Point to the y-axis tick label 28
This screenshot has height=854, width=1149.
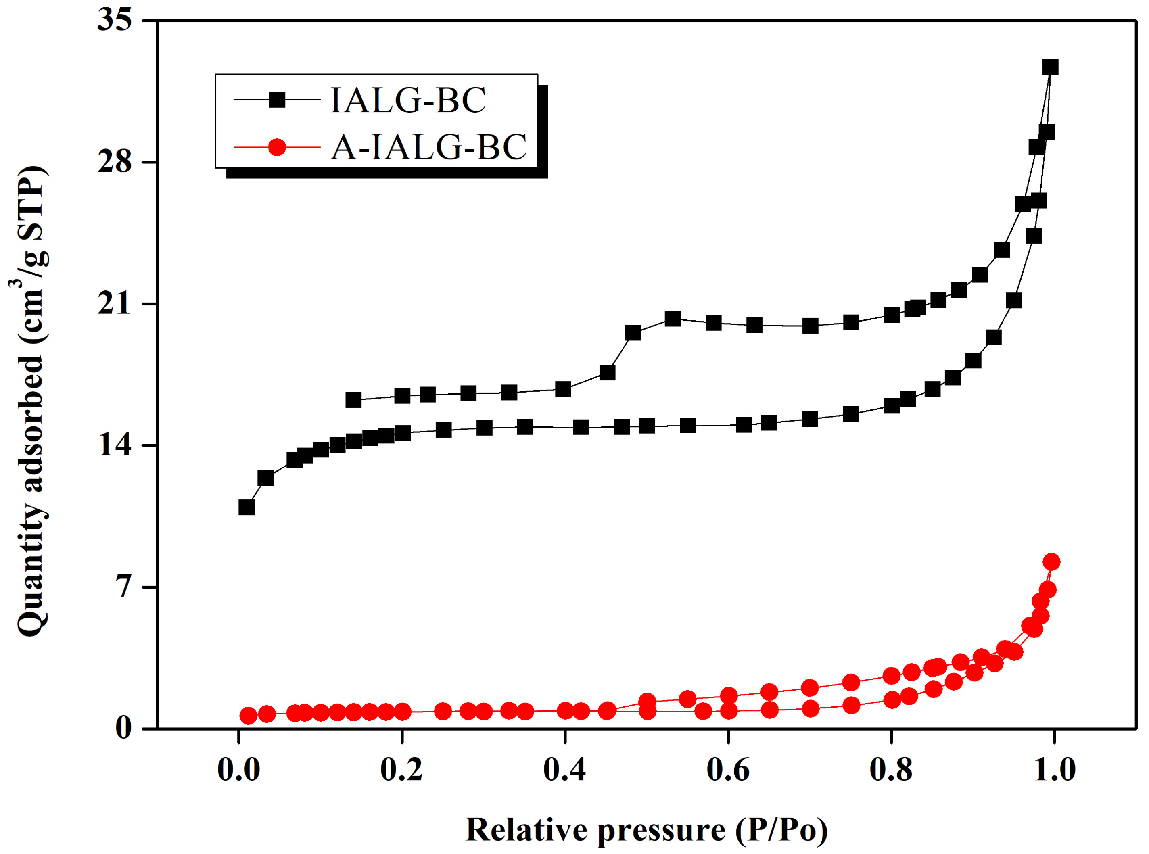click(x=115, y=162)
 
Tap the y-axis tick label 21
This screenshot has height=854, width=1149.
click(x=115, y=304)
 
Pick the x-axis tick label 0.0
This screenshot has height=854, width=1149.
click(x=238, y=770)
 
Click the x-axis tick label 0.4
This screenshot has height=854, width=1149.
click(x=564, y=770)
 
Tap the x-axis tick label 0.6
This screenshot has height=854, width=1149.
click(x=728, y=770)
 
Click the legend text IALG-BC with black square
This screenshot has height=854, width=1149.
click(x=408, y=100)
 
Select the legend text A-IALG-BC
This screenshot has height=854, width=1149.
click(x=428, y=147)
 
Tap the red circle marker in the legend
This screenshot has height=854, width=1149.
click(x=278, y=147)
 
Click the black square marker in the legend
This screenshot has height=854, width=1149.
click(x=278, y=99)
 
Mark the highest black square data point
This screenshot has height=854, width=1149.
click(x=1050, y=67)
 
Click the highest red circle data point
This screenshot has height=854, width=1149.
click(x=1051, y=562)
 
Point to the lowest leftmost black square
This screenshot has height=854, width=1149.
click(x=247, y=507)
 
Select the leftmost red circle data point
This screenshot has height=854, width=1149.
click(x=249, y=716)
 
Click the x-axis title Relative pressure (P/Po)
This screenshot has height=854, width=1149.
click(x=646, y=830)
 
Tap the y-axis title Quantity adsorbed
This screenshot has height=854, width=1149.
click(x=32, y=401)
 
